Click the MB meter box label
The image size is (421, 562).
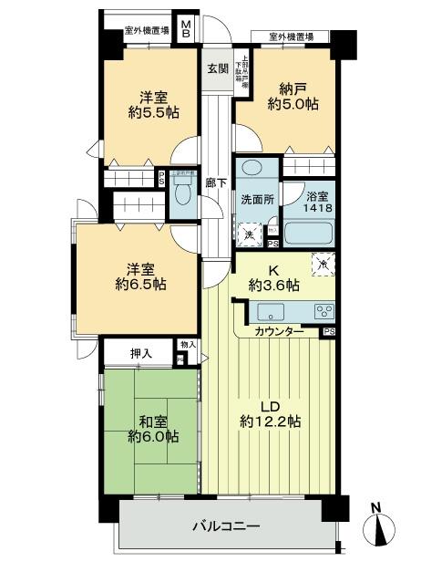coord(186,29)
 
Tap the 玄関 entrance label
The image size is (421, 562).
coord(216,69)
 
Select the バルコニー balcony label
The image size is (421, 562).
coord(226,527)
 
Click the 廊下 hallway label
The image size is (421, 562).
coord(216,182)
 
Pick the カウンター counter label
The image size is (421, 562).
coord(280,331)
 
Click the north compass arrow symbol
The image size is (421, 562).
coord(380,526)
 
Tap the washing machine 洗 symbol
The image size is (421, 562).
coord(249,234)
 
